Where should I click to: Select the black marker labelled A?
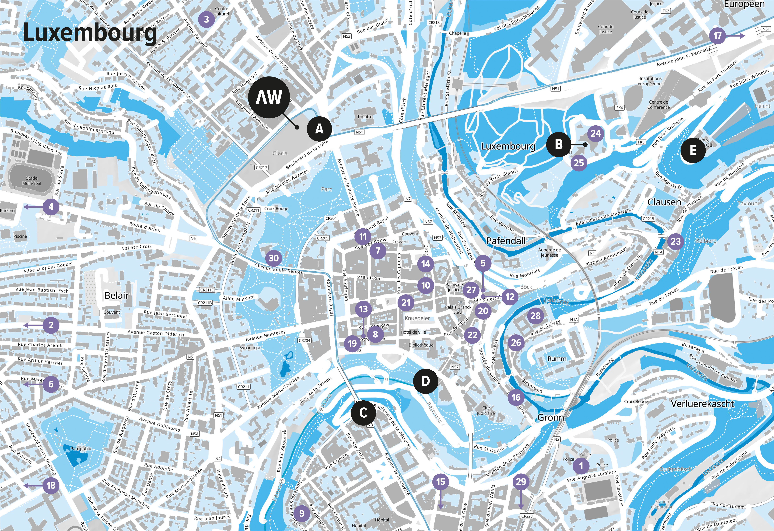(x=319, y=129)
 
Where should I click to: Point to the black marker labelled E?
(x=693, y=150)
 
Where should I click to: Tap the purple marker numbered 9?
(x=301, y=513)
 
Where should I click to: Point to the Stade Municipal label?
(x=32, y=181)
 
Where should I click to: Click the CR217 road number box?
(x=261, y=168)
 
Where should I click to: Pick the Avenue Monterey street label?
(x=266, y=335)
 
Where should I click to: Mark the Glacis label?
(x=280, y=153)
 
